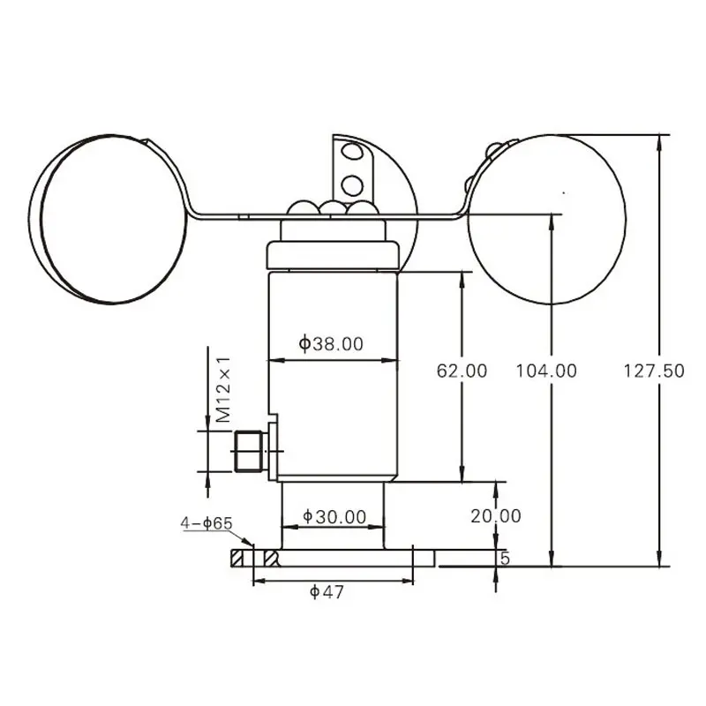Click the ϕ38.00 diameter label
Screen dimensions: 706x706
[x=331, y=344]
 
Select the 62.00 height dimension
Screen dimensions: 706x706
[x=462, y=371]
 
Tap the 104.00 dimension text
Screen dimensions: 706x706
[x=546, y=371]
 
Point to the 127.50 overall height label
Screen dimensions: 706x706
[x=654, y=371]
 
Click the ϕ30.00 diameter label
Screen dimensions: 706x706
[x=334, y=516]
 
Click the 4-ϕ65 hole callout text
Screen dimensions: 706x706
[x=206, y=523]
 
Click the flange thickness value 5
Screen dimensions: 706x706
[x=505, y=559]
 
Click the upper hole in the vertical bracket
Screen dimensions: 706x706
[x=353, y=153]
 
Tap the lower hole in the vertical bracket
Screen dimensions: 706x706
[x=353, y=185]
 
